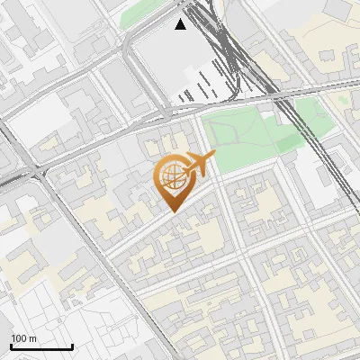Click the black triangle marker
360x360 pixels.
[x=181, y=24]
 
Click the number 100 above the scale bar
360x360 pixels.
[x=18, y=337]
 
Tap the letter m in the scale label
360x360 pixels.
[x=31, y=337]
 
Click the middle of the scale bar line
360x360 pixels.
[x=41, y=346]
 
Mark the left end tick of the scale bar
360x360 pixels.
[x=11, y=346]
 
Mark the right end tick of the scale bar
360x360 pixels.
[x=72, y=346]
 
